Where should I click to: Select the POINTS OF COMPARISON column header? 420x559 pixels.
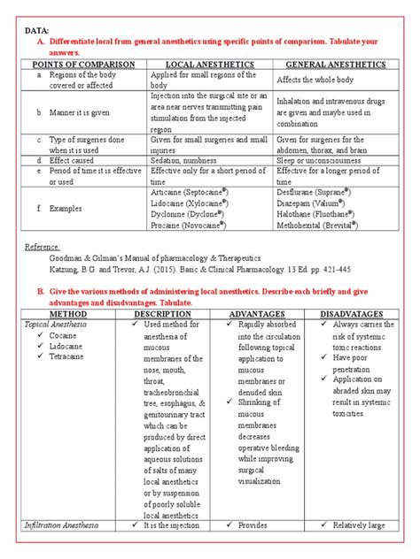click(83, 65)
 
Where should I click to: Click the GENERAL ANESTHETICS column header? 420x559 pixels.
click(335, 65)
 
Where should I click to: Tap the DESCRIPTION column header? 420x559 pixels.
click(163, 314)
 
